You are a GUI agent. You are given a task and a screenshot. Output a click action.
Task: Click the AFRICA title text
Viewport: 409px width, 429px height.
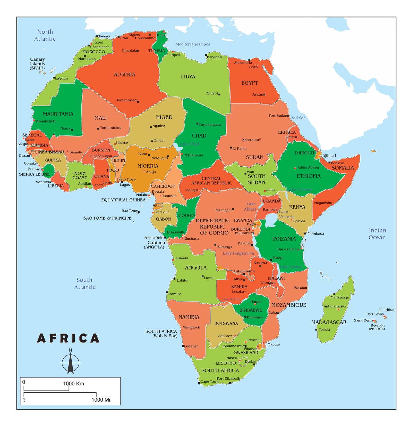68,338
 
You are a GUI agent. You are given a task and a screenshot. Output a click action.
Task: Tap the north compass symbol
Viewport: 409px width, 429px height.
70,362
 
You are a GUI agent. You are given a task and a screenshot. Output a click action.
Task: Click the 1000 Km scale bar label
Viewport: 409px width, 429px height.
73,383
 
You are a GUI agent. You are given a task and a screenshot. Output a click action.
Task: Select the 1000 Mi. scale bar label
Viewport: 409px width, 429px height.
101,400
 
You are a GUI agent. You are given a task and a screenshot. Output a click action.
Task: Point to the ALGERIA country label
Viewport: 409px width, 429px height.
124,75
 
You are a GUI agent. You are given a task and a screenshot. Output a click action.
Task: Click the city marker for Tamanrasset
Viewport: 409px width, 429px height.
138,102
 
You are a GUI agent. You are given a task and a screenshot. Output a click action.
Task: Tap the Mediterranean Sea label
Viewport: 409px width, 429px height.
193,44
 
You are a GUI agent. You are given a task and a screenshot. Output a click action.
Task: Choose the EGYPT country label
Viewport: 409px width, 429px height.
249,83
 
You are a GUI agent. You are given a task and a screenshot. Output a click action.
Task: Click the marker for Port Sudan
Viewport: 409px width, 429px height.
288,116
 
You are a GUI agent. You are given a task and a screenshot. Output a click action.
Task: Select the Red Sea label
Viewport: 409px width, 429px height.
298,118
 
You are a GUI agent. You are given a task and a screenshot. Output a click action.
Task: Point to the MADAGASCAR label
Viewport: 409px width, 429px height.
329,322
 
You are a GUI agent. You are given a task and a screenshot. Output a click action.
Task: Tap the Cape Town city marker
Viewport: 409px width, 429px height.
199,383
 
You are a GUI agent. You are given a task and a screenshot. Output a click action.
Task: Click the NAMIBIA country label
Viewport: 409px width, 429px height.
189,317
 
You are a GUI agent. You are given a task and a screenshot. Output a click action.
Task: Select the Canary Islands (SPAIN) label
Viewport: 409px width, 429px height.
37,63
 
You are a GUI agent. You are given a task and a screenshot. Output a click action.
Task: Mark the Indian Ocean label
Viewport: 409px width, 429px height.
377,234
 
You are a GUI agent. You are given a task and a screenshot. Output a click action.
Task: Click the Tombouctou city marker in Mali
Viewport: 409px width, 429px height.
98,128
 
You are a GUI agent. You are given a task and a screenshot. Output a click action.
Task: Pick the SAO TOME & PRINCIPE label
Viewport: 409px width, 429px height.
107,218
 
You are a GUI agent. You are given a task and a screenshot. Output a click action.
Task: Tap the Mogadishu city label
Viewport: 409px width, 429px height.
323,203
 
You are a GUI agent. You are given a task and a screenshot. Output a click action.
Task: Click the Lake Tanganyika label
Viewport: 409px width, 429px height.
238,253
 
